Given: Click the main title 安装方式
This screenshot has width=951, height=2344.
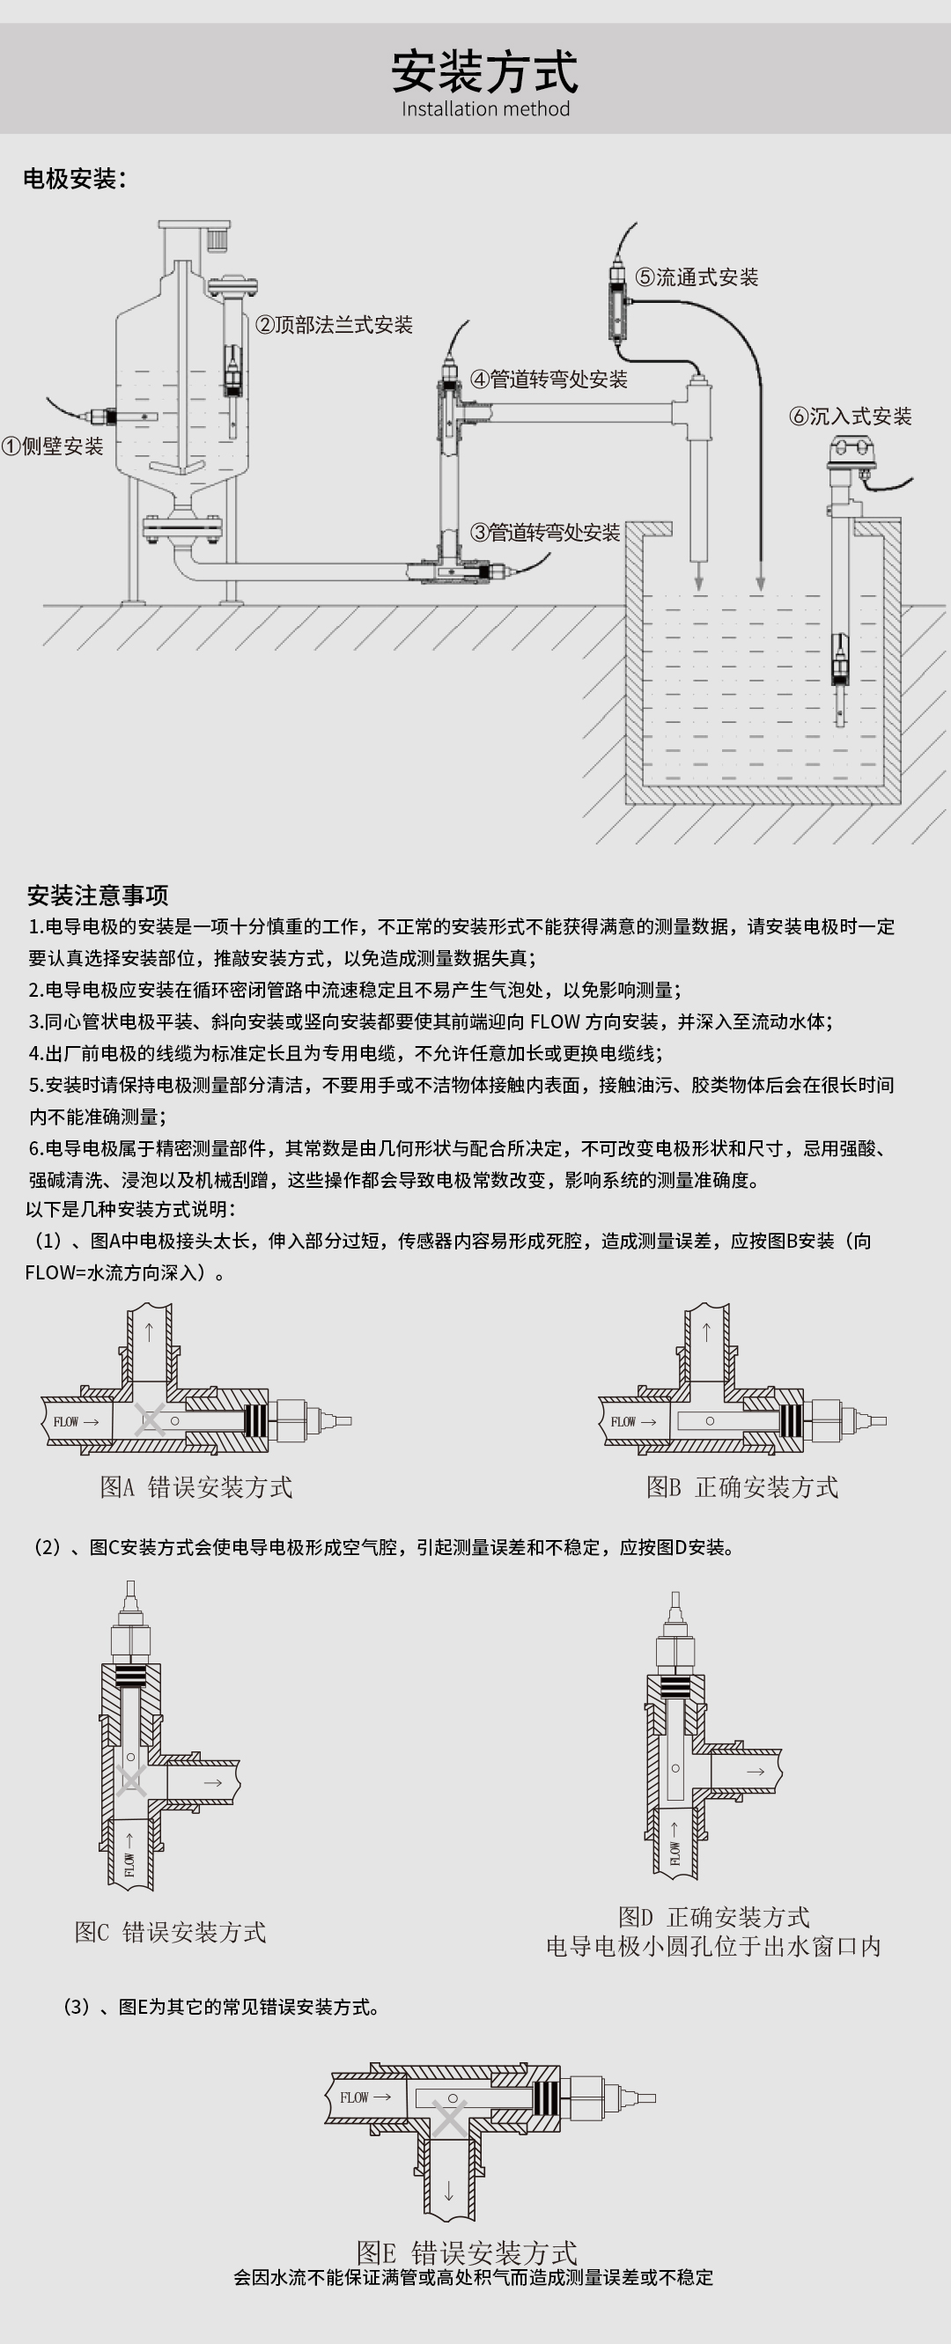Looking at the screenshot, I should (x=484, y=72).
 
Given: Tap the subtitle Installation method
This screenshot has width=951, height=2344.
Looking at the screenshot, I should (x=485, y=109).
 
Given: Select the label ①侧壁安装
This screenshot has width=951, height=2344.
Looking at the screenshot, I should (x=53, y=446).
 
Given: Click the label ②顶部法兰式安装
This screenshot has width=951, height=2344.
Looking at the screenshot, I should (x=333, y=325).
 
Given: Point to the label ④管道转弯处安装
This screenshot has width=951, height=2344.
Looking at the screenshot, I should (x=548, y=380).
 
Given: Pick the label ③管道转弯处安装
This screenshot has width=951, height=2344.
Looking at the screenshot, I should (x=544, y=533).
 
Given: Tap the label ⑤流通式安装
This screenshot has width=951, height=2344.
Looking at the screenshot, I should (x=697, y=277).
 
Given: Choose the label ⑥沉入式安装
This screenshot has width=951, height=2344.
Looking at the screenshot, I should (x=849, y=416).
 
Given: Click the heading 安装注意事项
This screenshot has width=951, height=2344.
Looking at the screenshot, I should (x=98, y=896).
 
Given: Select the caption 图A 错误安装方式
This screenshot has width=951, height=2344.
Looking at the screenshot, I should (x=195, y=1487).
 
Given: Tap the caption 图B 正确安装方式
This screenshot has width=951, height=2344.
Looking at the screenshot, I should (x=741, y=1487).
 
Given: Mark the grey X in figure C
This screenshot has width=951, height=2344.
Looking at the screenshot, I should (x=131, y=1780).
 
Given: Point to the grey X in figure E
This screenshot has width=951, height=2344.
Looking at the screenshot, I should (x=449, y=2118).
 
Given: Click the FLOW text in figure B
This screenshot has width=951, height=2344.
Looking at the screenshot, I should (x=623, y=1421).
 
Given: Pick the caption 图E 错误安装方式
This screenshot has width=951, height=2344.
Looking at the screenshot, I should (x=467, y=2252).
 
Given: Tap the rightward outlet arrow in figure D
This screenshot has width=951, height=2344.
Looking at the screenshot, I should (x=756, y=1772).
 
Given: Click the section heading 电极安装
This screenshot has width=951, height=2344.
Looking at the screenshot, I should (x=73, y=179).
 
